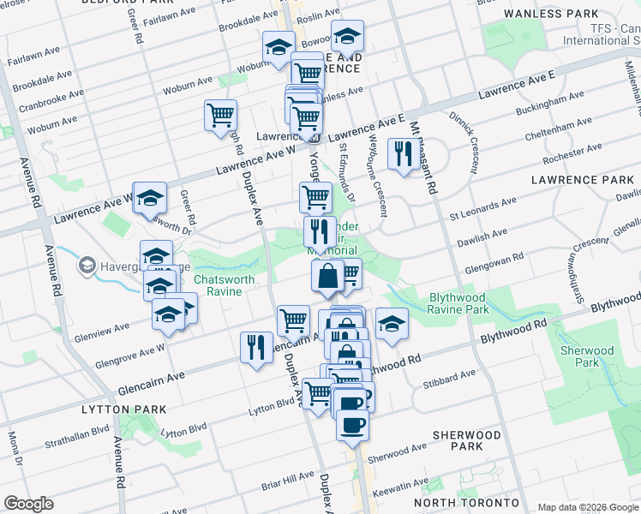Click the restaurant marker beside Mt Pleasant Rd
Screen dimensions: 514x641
tap(400, 153)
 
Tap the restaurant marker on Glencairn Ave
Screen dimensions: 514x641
tap(256, 347)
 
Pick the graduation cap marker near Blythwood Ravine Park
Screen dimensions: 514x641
tap(392, 323)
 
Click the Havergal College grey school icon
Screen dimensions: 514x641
tap(87, 266)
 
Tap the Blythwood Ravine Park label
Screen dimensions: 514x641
tap(458, 303)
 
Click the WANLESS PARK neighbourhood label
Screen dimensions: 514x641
tap(563, 14)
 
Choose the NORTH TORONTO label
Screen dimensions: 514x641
tap(466, 502)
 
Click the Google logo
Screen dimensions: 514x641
tap(28, 504)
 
